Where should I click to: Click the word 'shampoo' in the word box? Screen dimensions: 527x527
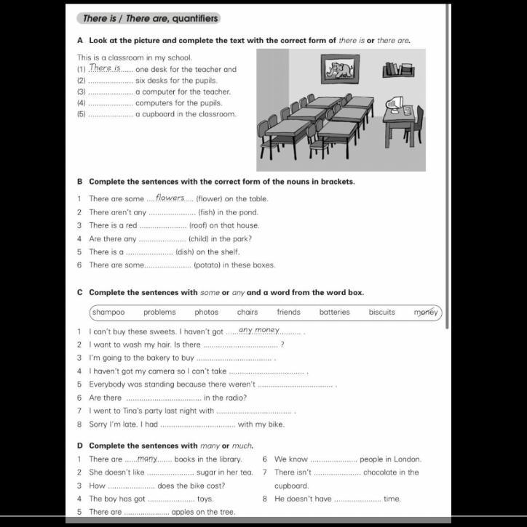click(x=108, y=313)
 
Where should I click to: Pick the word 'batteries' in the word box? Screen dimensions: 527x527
click(x=334, y=313)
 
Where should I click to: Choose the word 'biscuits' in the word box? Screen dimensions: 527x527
click(x=381, y=313)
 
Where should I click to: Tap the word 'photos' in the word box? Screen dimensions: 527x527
click(x=207, y=313)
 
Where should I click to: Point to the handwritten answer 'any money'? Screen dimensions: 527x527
click(x=259, y=330)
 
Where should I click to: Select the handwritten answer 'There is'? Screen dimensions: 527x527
click(x=105, y=68)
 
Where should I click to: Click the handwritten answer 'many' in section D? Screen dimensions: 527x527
click(x=148, y=459)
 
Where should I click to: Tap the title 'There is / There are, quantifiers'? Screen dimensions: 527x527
click(x=149, y=18)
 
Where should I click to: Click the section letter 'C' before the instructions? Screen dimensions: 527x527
click(x=79, y=293)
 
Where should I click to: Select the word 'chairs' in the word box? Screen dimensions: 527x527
click(x=247, y=313)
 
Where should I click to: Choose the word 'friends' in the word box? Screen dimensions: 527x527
click(x=288, y=313)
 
